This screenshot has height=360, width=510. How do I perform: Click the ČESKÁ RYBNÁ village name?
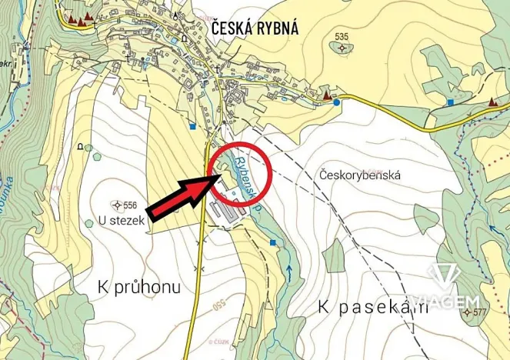[255, 28]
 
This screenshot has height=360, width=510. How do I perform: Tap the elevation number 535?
[342, 36]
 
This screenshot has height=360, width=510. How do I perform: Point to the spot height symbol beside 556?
[116, 205]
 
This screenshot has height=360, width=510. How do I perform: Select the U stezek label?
[122, 220]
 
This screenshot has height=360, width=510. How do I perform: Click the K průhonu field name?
[139, 288]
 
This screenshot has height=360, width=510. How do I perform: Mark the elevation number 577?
[481, 312]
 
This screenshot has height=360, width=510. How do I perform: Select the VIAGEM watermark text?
[446, 299]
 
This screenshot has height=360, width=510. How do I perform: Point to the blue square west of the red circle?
[193, 126]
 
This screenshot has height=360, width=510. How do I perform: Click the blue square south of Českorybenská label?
[273, 243]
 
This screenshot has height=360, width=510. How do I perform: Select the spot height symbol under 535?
[342, 48]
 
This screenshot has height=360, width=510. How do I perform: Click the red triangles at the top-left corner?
[79, 17]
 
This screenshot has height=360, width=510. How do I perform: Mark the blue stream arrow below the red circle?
[289, 268]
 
